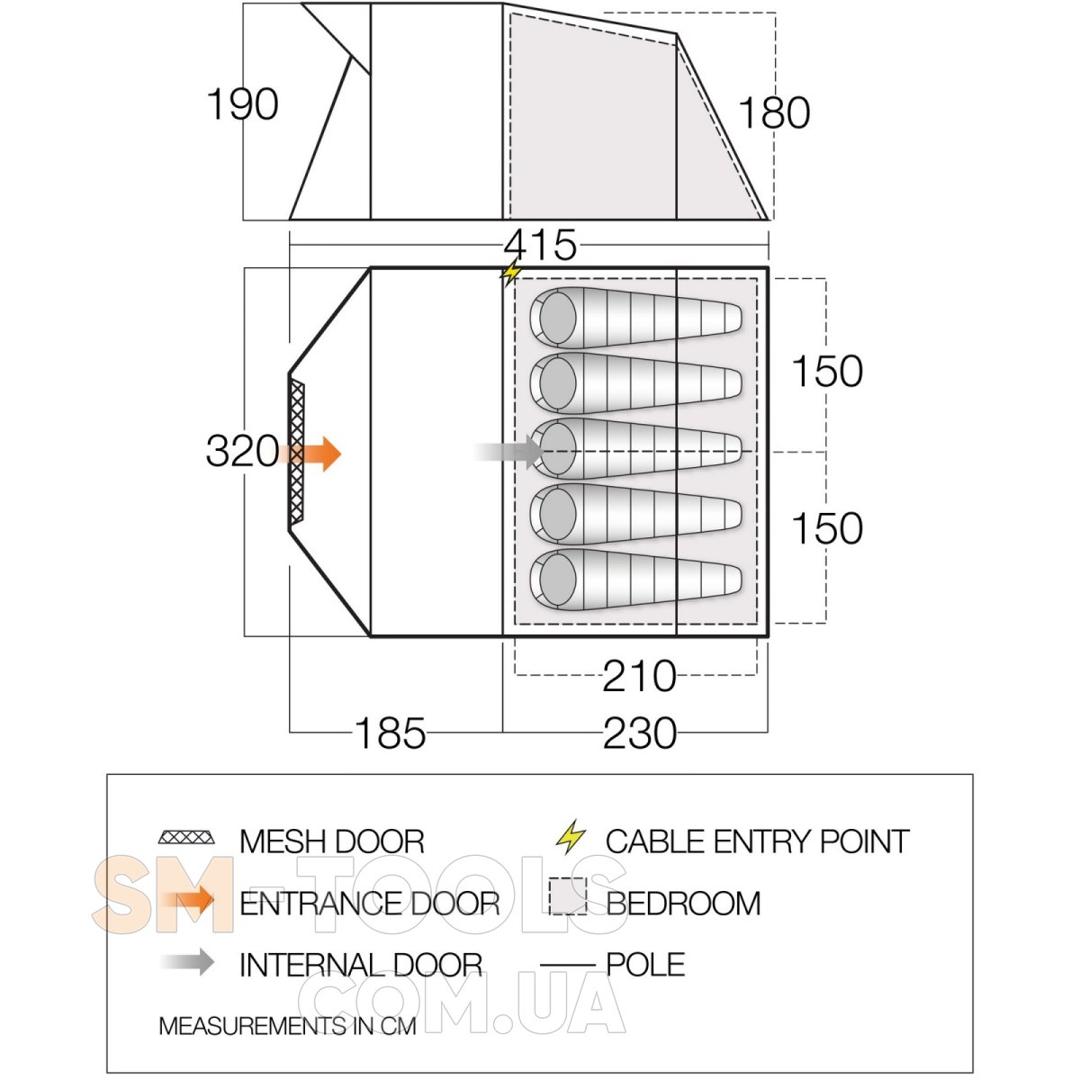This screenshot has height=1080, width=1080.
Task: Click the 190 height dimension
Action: pyautogui.click(x=242, y=104)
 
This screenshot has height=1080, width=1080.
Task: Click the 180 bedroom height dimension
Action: pyautogui.click(x=774, y=113)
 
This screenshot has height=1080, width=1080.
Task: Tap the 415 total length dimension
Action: pyautogui.click(x=540, y=245)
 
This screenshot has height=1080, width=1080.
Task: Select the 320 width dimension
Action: pyautogui.click(x=242, y=451)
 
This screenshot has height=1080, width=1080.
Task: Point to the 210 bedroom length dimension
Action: pyautogui.click(x=639, y=676)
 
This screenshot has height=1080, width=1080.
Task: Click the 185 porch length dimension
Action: pyautogui.click(x=391, y=733)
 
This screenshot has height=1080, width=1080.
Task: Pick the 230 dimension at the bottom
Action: pyautogui.click(x=639, y=733)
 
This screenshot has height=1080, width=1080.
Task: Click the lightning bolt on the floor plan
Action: pyautogui.click(x=511, y=273)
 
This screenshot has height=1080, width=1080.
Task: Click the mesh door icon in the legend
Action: pyautogui.click(x=187, y=838)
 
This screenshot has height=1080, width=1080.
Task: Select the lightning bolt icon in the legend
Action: pyautogui.click(x=571, y=837)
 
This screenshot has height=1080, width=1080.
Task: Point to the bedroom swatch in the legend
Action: pyautogui.click(x=567, y=896)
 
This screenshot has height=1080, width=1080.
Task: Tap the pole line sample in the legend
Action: pyautogui.click(x=567, y=966)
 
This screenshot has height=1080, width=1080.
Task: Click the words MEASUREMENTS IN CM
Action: pyautogui.click(x=287, y=1026)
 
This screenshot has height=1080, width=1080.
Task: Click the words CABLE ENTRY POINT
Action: pyautogui.click(x=757, y=841)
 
